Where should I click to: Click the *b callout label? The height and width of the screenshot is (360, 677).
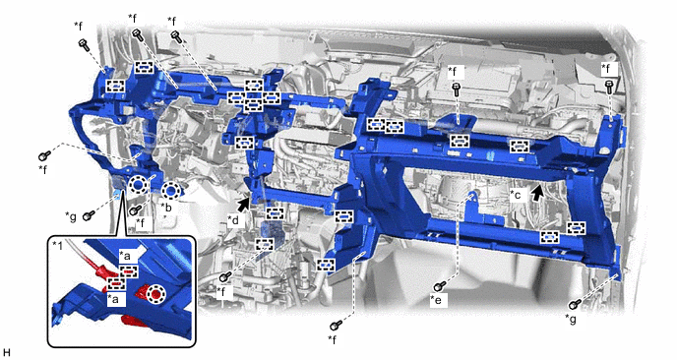pyautogui.click(x=166, y=207)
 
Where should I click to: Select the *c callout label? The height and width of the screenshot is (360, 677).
pyautogui.click(x=516, y=195)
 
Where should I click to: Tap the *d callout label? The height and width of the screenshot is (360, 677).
pyautogui.click(x=233, y=220)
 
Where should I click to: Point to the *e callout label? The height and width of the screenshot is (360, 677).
pyautogui.click(x=437, y=300)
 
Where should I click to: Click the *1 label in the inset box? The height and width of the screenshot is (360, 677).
pyautogui.click(x=57, y=245)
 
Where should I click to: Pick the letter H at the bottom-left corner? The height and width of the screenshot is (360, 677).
pyautogui.click(x=6, y=353)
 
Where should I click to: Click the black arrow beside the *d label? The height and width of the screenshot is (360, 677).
pyautogui.click(x=244, y=204)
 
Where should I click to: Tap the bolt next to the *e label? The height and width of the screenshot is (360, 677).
pyautogui.click(x=440, y=286)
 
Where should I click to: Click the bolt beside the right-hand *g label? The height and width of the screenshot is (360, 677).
pyautogui.click(x=575, y=304)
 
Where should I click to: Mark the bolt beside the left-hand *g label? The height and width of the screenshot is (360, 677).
pyautogui.click(x=89, y=215)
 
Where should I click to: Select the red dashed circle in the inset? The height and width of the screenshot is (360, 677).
pyautogui.click(x=155, y=294)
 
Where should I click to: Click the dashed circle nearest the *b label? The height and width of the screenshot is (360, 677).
pyautogui.click(x=170, y=191)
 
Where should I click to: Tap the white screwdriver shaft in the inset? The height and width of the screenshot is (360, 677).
pyautogui.click(x=80, y=252)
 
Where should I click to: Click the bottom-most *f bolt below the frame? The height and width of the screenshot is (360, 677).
pyautogui.click(x=336, y=325)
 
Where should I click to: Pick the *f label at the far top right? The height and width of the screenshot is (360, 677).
pyautogui.click(x=607, y=68)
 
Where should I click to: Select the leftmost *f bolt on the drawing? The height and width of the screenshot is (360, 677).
pyautogui.click(x=44, y=155)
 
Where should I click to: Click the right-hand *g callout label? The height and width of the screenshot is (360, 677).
pyautogui.click(x=571, y=319)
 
